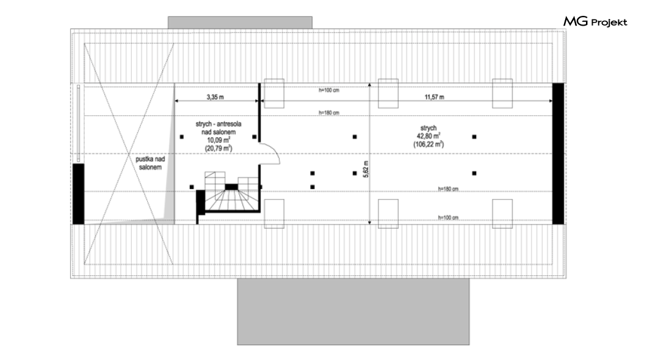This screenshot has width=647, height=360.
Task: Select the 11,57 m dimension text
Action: coord(434,96)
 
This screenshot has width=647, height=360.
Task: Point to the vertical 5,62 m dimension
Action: coord(366,169)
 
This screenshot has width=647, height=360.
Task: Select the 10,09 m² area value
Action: coord(217,139)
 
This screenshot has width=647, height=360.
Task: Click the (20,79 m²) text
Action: coord(217,147)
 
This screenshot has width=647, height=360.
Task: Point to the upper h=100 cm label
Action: coord(328,90)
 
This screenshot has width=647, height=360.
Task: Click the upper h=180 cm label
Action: coord(328,113)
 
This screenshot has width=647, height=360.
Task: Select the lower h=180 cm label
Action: coord(448,189)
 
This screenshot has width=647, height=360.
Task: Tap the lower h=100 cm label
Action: coord(448,217)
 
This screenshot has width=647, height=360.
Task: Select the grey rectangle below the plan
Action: coord(353,311)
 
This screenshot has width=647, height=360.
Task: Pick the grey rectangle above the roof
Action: coord(240,22)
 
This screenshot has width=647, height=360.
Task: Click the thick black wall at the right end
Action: coord(558,154)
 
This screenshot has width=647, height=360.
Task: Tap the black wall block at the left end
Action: coord(78,193)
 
